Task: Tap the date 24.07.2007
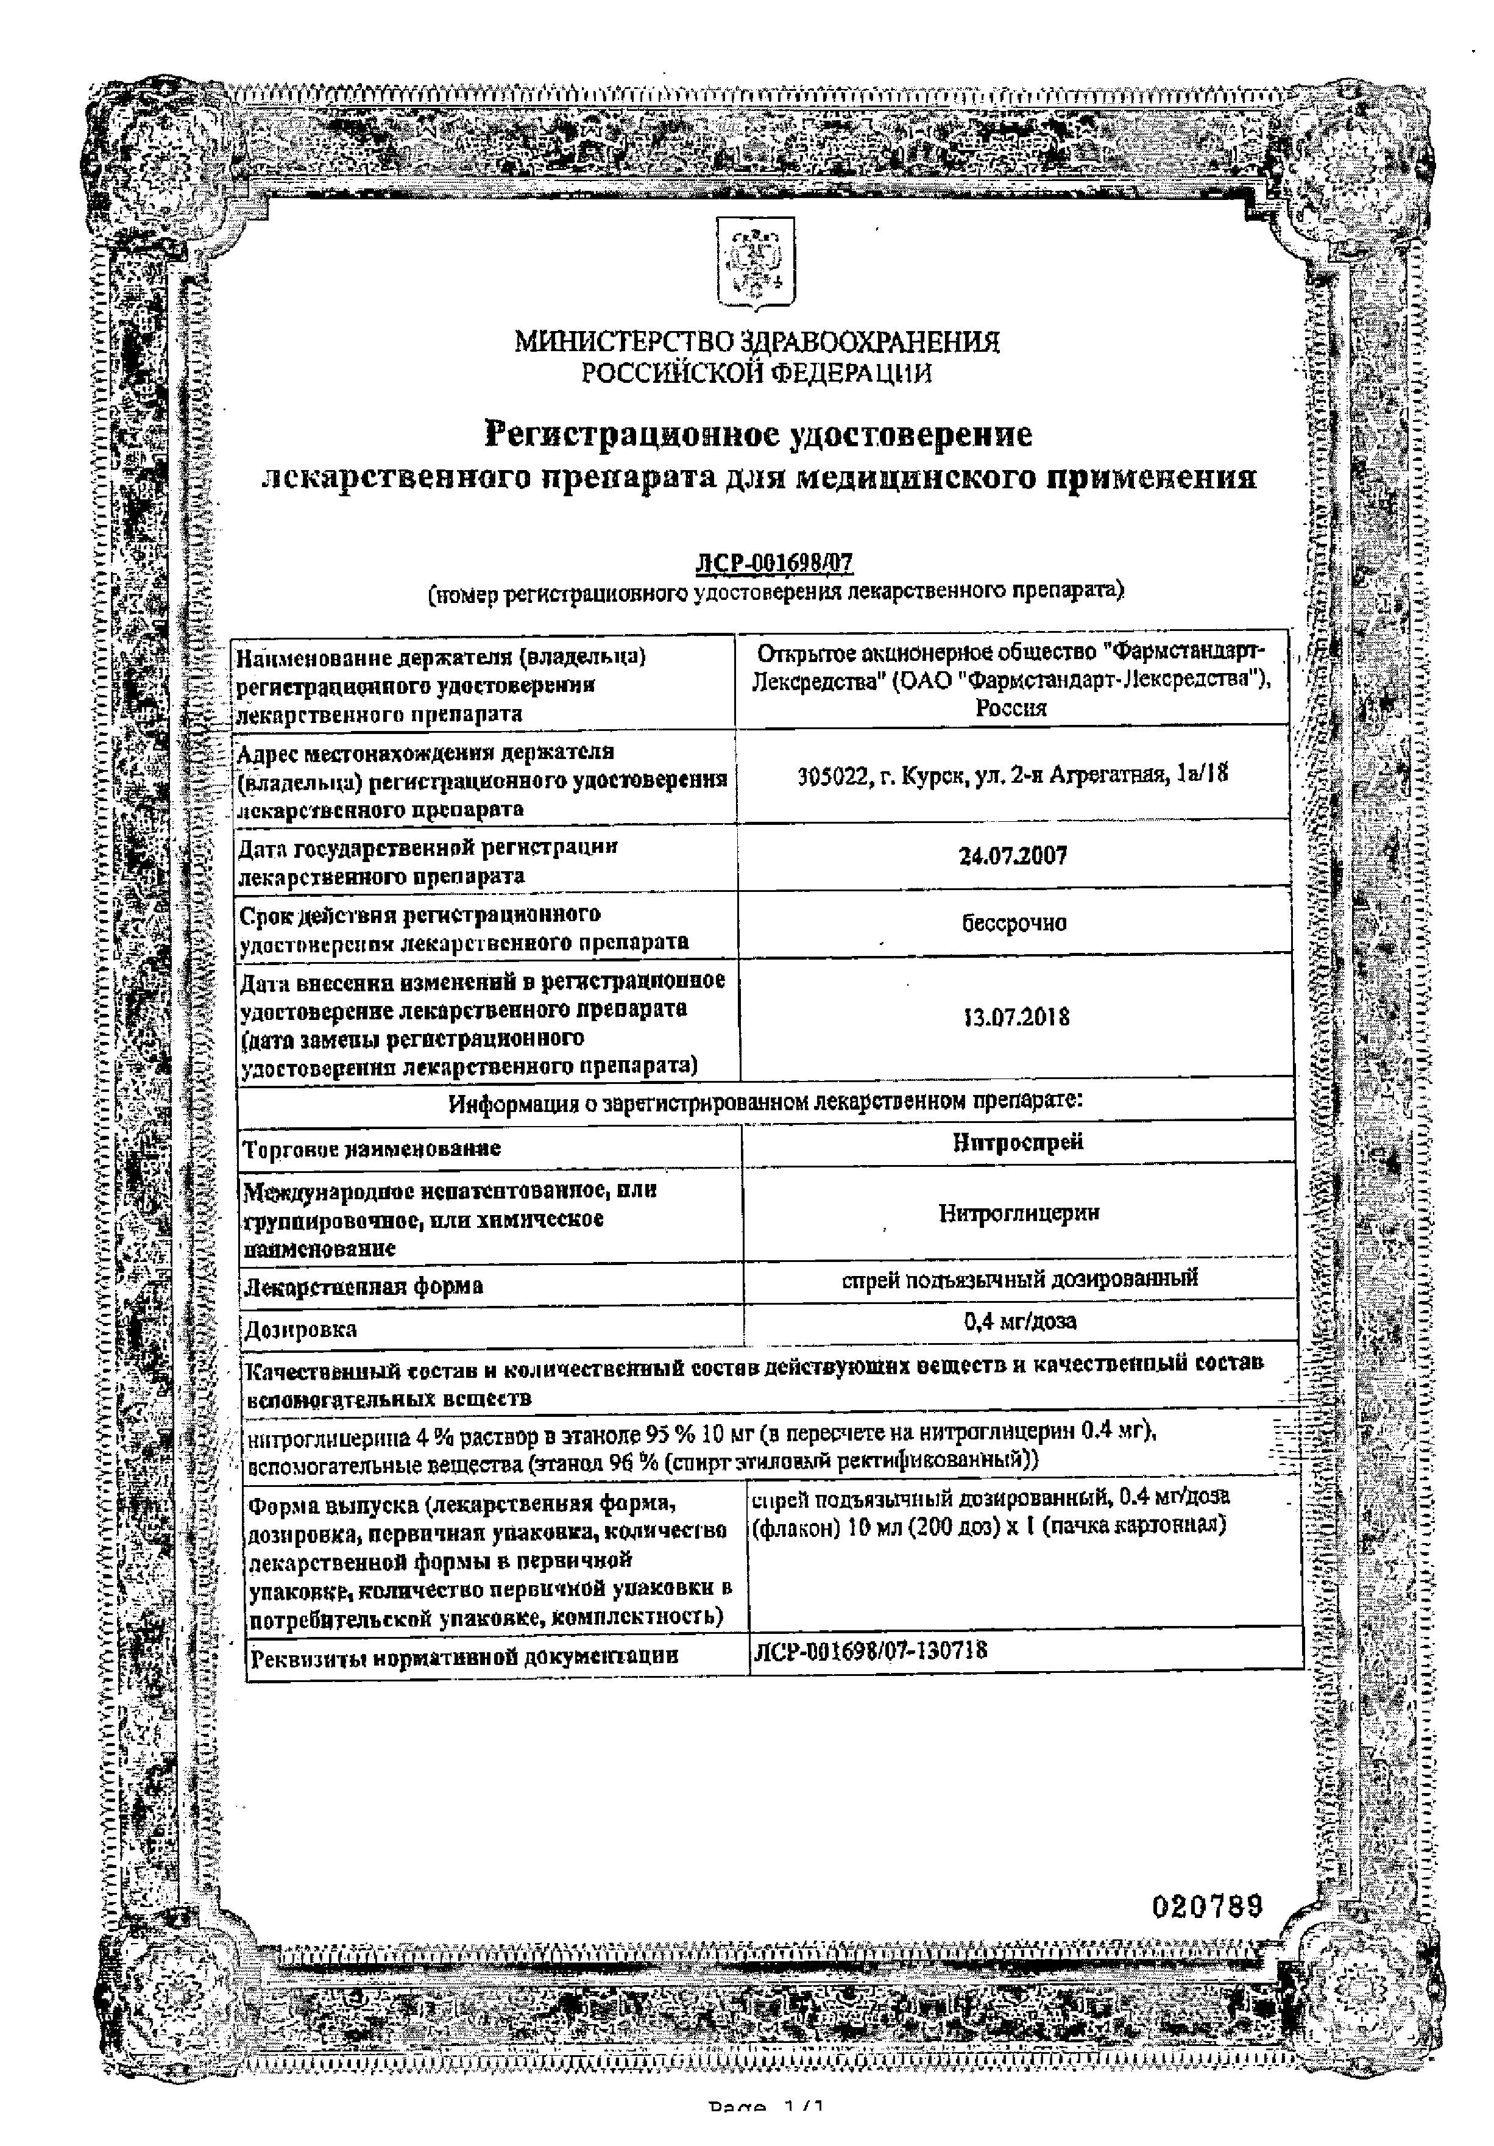tap(1013, 856)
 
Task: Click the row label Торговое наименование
tap(372, 1148)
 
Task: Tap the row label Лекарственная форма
tap(364, 1286)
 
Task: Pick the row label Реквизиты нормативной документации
tap(464, 1656)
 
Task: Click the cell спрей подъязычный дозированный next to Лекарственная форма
tap(1018, 1278)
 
